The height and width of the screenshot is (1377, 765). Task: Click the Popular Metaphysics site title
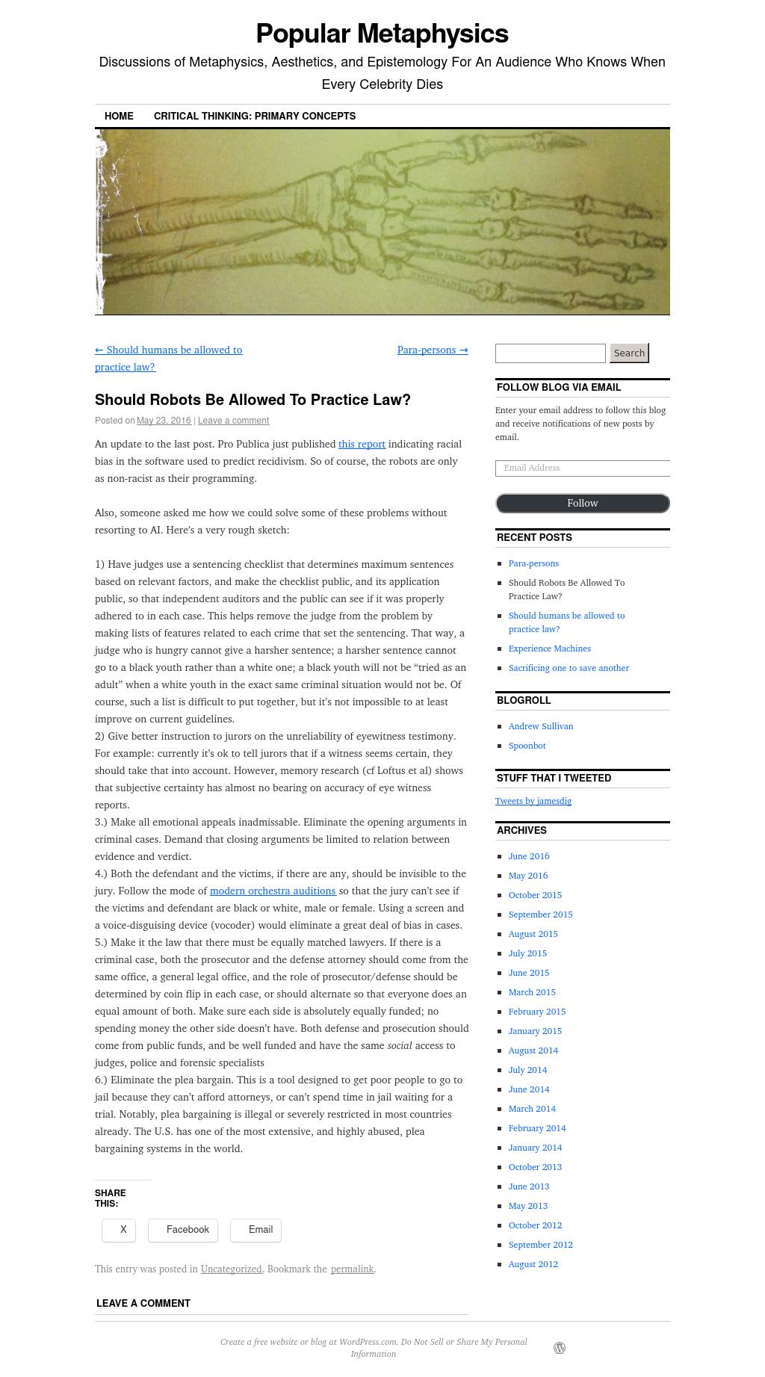382,34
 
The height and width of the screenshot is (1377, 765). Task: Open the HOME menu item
119,116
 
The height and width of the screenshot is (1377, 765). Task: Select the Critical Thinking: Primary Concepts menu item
254,116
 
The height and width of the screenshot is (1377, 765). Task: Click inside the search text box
550,353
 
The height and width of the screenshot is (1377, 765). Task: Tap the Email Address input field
582,468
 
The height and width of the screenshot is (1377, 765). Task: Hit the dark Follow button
582,503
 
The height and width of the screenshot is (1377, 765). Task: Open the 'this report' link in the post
362,444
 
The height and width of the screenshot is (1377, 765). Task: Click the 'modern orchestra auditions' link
273,891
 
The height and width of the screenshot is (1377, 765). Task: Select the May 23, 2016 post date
164,421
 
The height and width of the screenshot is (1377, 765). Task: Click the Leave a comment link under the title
233,421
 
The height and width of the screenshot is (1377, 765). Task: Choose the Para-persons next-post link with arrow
433,350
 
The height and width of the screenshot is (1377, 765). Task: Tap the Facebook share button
183,1229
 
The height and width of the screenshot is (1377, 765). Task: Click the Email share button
255,1229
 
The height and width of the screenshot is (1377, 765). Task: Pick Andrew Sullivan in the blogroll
540,726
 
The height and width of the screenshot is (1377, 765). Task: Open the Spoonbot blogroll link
527,746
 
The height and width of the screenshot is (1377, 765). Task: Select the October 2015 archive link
535,895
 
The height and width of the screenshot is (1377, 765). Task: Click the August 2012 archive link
533,1264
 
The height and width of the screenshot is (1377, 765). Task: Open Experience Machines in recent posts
549,649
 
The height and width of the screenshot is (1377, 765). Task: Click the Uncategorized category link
231,1269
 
